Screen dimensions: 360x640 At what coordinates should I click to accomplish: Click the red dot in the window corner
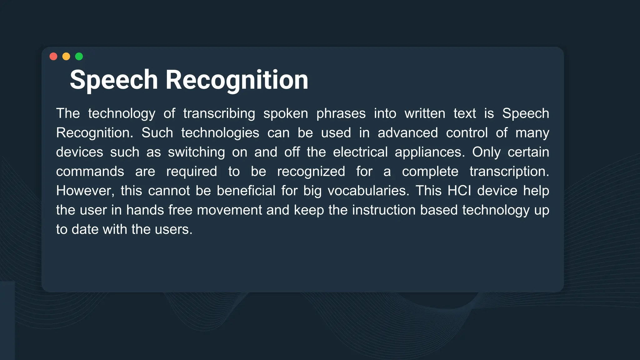click(53, 56)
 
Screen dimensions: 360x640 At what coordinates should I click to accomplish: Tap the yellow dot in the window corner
click(66, 56)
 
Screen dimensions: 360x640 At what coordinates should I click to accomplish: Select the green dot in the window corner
click(79, 56)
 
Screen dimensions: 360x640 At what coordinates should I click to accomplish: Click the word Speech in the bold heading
click(114, 80)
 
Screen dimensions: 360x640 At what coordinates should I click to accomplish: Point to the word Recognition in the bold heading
click(237, 80)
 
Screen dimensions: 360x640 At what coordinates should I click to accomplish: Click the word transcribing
click(219, 113)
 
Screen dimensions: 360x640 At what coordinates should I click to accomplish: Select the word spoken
click(286, 113)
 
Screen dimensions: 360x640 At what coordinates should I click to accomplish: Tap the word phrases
click(341, 113)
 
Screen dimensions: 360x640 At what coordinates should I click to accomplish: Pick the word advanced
click(408, 133)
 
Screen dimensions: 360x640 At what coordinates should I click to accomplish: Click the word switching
click(196, 152)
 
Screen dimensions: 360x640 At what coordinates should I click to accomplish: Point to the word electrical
click(360, 152)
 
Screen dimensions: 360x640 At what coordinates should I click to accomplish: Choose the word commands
click(90, 172)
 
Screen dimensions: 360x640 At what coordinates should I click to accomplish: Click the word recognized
click(311, 172)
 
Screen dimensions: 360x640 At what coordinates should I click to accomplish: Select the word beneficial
click(246, 191)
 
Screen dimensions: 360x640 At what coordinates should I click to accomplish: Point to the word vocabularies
click(368, 191)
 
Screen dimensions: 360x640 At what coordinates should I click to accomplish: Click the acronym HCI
click(459, 191)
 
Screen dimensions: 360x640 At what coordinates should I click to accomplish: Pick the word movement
click(229, 210)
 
